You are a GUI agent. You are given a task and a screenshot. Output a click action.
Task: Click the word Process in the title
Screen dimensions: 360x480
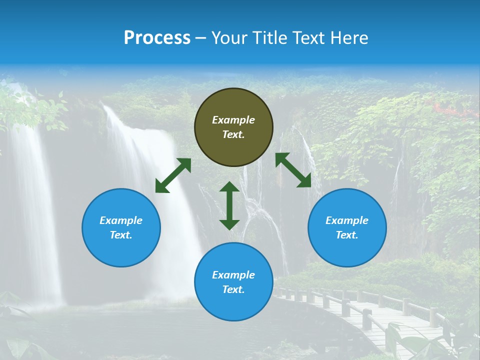click(x=157, y=38)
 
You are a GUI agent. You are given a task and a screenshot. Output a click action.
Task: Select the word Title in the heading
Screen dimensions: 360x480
click(x=270, y=38)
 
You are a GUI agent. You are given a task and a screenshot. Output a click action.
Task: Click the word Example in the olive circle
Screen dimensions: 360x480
click(x=233, y=120)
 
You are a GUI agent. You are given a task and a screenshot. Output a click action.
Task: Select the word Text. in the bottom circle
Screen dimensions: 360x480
click(x=233, y=289)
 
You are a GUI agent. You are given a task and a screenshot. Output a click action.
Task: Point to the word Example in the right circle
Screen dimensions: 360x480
click(x=347, y=220)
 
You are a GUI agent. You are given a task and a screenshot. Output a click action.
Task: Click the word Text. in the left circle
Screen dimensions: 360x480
click(x=121, y=235)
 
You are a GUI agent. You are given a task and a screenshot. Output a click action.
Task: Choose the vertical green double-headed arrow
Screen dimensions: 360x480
click(x=229, y=205)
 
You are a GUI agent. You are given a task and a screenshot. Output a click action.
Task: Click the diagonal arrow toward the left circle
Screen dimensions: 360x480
click(x=173, y=175)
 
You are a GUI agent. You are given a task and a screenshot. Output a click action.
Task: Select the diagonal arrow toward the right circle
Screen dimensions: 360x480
click(x=293, y=170)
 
